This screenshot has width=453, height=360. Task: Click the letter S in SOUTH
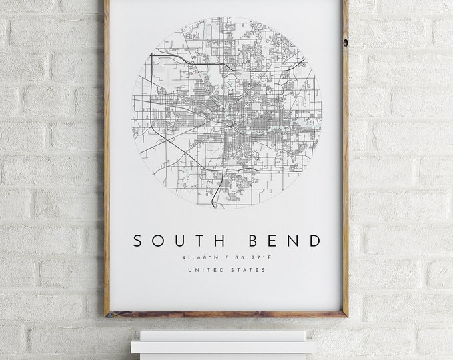click(x=137, y=241)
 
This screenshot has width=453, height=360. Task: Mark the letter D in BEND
click(x=314, y=241)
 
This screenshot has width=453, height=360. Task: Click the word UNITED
click(x=204, y=270)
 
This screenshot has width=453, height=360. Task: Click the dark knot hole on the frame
click(x=345, y=42)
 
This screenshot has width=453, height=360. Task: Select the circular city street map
click(x=226, y=113)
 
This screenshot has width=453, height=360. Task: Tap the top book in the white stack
click(x=223, y=335)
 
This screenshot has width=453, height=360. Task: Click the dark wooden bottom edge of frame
click(x=226, y=314)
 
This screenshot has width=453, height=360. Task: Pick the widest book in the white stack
click(x=224, y=347)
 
